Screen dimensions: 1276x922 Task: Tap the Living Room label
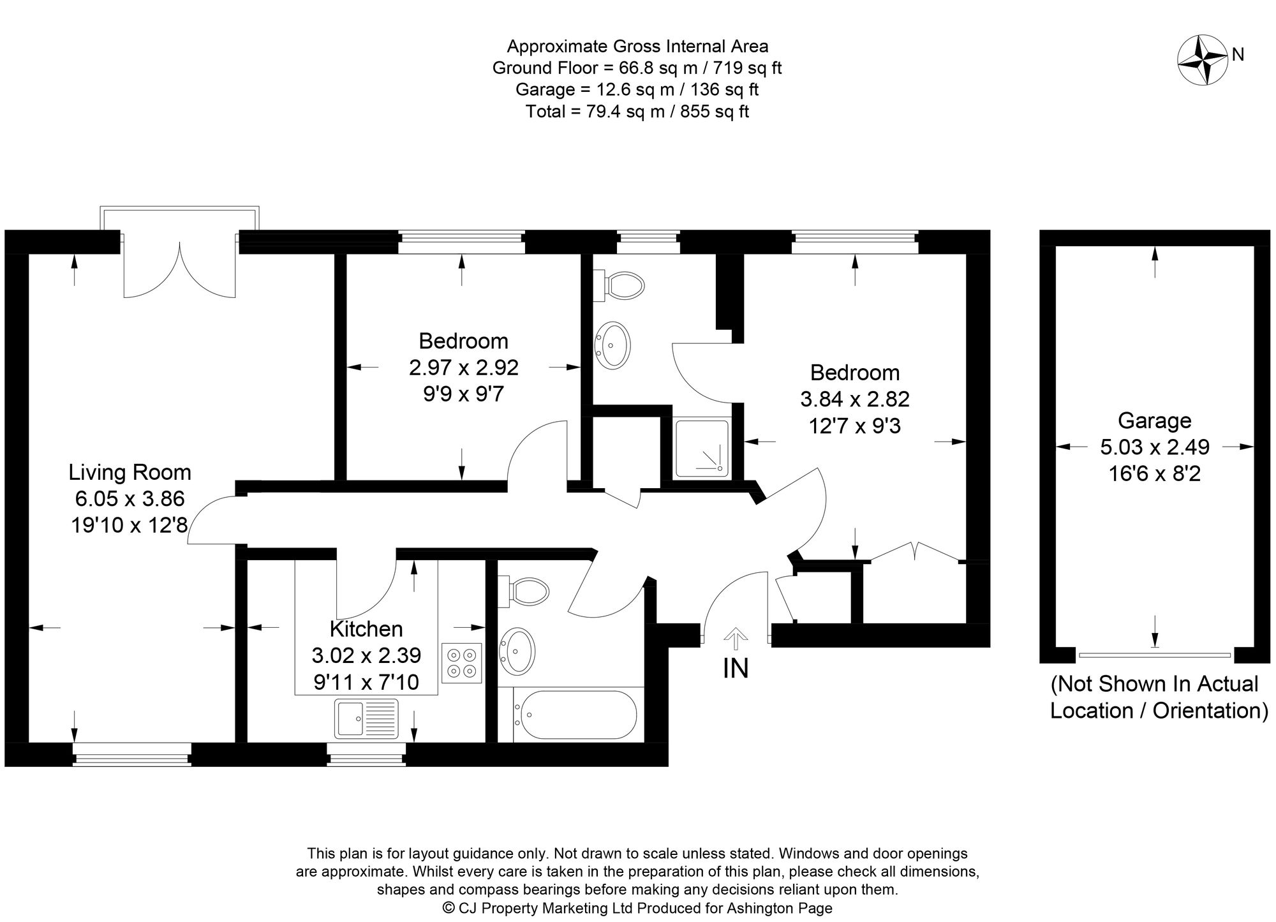tap(130, 472)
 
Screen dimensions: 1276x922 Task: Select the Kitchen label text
tap(366, 629)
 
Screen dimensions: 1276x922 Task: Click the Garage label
tap(1155, 420)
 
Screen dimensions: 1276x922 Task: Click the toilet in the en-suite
tap(618, 285)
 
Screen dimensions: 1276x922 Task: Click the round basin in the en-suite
tap(612, 345)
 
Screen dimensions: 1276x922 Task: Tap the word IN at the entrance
tap(736, 668)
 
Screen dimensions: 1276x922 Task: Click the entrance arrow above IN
tap(736, 638)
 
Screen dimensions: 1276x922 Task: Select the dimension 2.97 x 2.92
tap(464, 368)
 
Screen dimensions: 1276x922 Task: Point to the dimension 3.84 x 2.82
tap(855, 399)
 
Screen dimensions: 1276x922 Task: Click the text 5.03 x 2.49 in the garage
tap(1155, 447)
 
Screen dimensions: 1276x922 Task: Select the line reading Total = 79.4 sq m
tap(637, 112)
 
